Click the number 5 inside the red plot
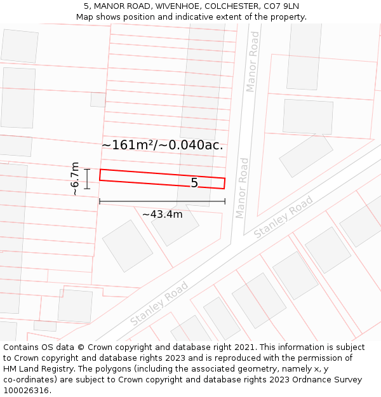(194, 183)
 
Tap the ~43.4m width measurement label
(162, 215)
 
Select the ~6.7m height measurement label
(75, 178)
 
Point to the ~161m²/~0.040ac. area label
(162, 145)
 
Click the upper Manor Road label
(253, 62)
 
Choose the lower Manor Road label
(243, 188)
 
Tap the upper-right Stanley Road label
(283, 217)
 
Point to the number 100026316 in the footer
(26, 391)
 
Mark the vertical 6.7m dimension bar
(87, 178)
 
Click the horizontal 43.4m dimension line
(162, 202)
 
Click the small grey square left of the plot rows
(98, 100)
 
